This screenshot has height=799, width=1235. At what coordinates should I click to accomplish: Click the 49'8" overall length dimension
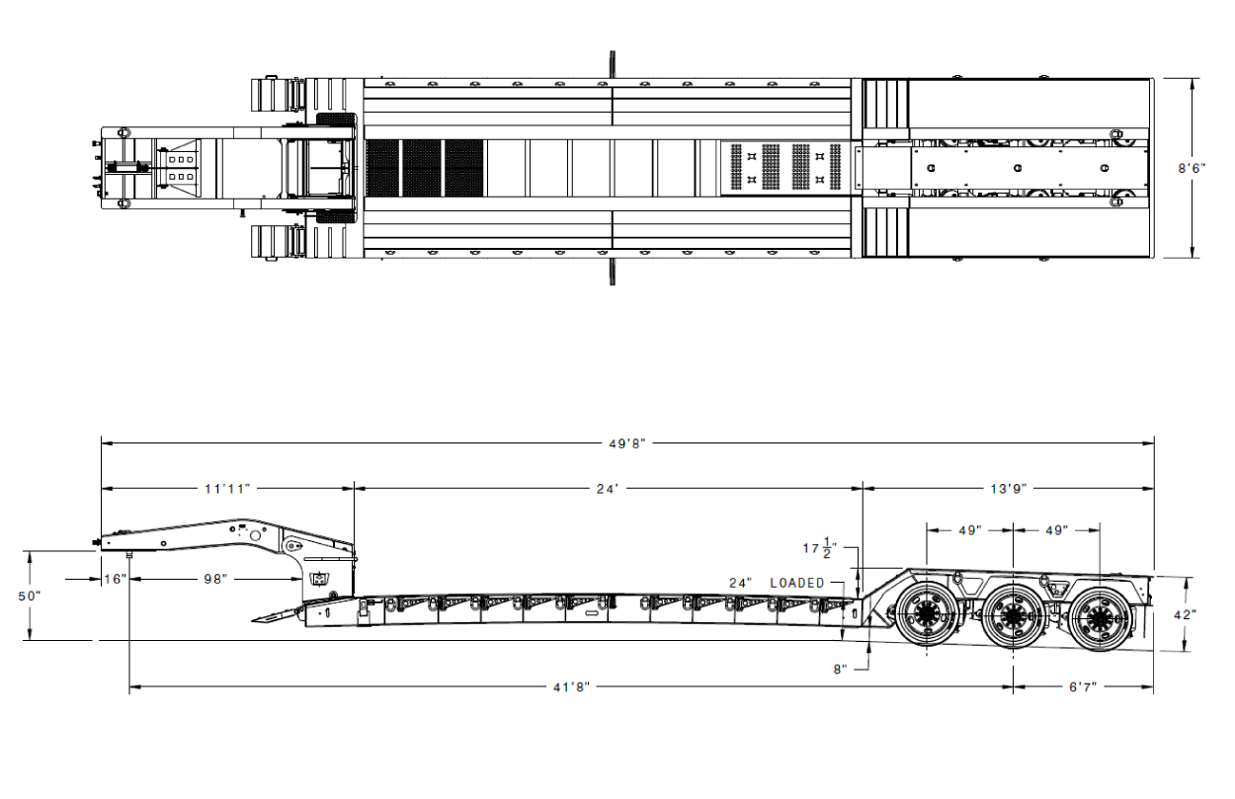click(626, 444)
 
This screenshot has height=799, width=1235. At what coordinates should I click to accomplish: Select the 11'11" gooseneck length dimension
click(227, 489)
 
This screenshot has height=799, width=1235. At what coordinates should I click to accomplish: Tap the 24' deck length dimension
click(609, 489)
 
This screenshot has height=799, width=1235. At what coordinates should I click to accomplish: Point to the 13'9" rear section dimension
click(1009, 489)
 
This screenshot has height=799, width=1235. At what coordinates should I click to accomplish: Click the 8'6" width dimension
click(1192, 169)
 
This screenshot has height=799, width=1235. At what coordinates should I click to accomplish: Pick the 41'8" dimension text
click(572, 686)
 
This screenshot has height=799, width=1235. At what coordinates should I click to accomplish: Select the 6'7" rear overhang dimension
click(1083, 686)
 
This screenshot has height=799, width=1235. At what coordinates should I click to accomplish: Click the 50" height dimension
click(30, 597)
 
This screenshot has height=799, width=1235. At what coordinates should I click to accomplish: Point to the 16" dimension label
click(116, 579)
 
